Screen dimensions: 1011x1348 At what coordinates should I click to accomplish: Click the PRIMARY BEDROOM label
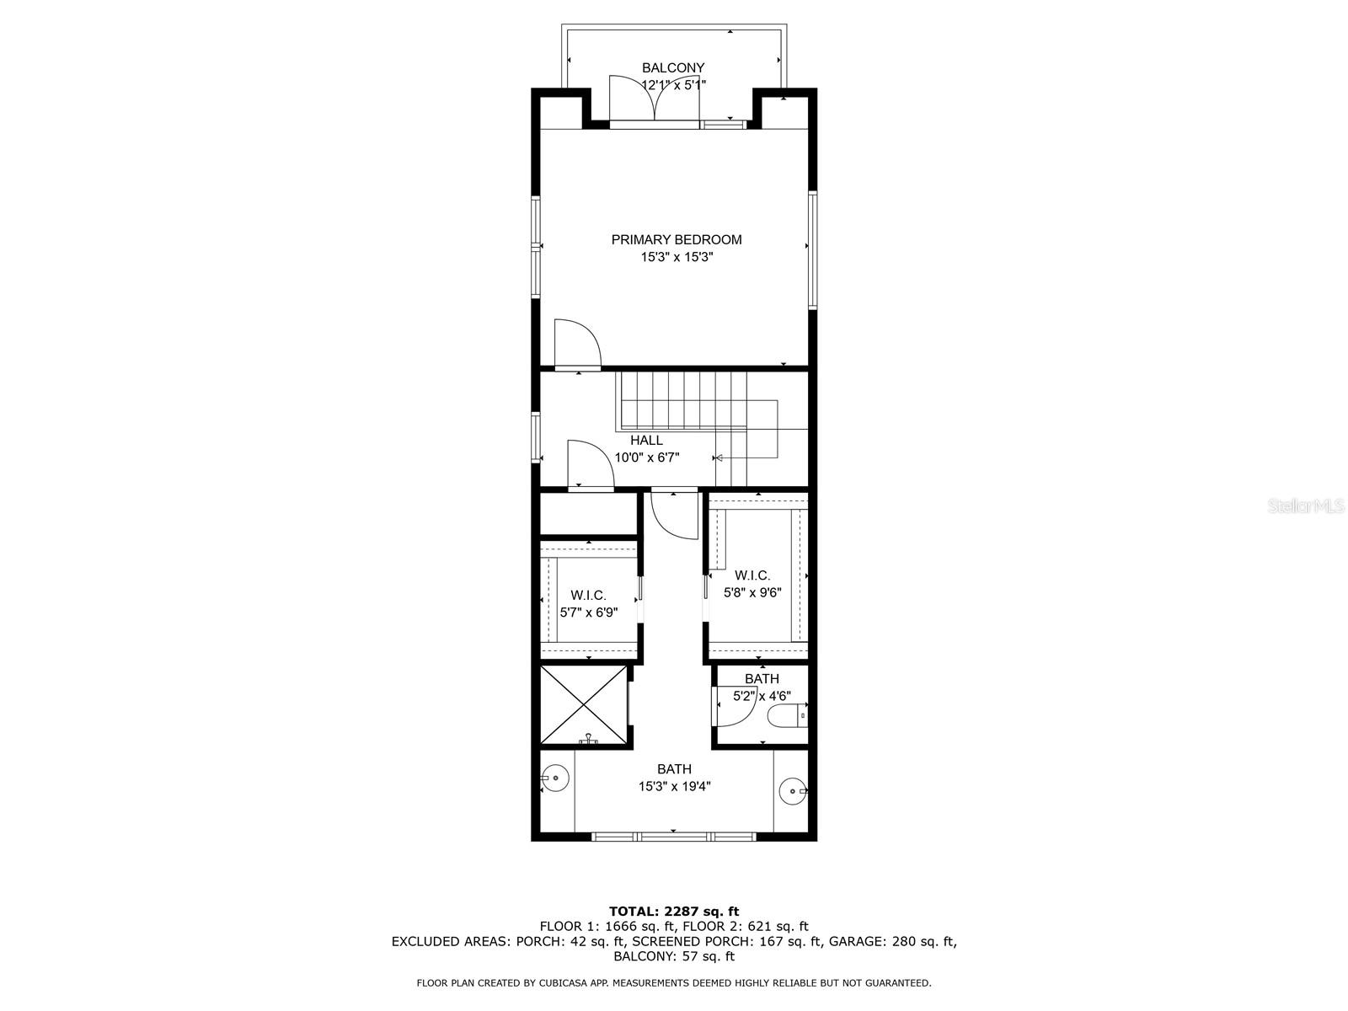[677, 239]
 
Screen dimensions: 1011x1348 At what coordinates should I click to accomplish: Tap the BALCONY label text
[673, 67]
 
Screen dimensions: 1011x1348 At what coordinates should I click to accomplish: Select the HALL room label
[646, 440]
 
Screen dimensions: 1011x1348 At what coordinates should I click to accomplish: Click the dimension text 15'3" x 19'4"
[674, 786]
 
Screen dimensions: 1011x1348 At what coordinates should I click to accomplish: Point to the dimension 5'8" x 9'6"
[752, 592]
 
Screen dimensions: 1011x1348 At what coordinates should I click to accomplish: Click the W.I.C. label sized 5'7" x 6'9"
[588, 595]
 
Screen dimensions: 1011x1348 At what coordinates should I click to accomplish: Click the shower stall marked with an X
[584, 705]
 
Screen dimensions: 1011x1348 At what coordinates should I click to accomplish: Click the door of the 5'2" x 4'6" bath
[730, 706]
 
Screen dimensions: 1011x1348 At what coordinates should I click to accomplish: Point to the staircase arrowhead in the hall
[719, 458]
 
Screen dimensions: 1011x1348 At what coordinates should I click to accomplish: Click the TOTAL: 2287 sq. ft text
[673, 911]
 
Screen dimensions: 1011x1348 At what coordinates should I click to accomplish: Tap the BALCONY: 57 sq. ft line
[673, 956]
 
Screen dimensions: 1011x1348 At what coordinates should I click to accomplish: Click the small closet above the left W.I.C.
[588, 515]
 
